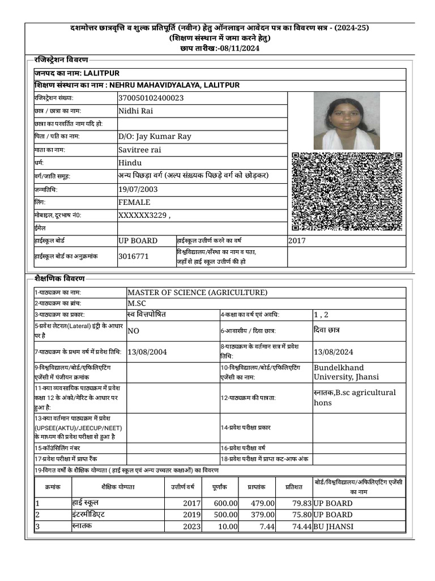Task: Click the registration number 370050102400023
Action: coord(151,98)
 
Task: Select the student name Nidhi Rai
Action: coord(136,111)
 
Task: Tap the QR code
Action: coord(347,191)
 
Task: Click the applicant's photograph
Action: coord(347,120)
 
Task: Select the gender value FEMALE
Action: coord(134,202)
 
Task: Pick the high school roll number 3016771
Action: coord(134,256)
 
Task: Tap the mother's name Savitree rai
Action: coord(140,150)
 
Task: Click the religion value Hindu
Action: coord(130,163)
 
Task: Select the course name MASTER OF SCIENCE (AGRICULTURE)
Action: coord(197,293)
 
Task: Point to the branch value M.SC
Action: coord(137,304)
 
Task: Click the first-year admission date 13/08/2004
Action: coord(147,352)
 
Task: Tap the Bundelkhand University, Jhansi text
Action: coord(347,372)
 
